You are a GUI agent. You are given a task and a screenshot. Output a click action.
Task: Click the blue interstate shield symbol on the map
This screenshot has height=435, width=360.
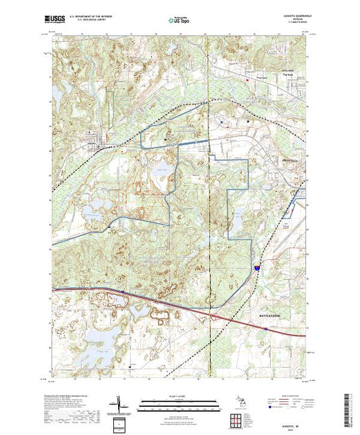256,264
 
